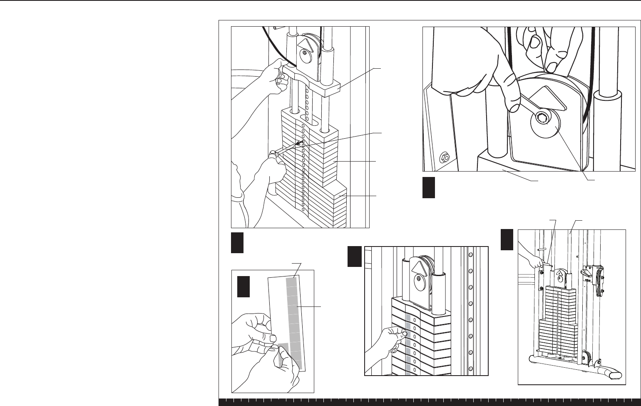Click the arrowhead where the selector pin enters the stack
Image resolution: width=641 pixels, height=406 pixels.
point(298,144)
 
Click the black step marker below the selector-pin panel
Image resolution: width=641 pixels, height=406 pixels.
point(237,243)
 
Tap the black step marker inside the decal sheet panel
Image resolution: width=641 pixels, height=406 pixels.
point(243,286)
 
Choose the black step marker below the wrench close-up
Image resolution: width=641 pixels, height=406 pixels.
point(429,188)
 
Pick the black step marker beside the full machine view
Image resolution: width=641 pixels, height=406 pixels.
point(507,240)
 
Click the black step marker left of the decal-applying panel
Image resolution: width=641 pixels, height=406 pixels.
point(354,257)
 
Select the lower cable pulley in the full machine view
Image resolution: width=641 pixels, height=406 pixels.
point(585,357)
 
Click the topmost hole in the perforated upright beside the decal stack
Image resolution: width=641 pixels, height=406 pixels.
point(470,255)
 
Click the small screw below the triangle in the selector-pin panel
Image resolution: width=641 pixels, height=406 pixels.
point(305,52)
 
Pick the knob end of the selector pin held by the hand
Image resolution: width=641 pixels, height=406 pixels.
point(272,154)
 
